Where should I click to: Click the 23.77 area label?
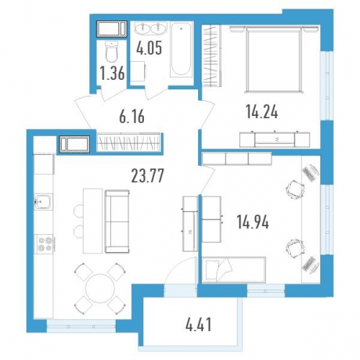pyautogui.click(x=148, y=175)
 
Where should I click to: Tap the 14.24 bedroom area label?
pyautogui.click(x=261, y=113)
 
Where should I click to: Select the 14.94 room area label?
pyautogui.click(x=253, y=222)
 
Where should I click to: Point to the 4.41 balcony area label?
pyautogui.click(x=198, y=325)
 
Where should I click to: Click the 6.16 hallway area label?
pyautogui.click(x=131, y=117)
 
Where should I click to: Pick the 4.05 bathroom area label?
pyautogui.click(x=149, y=49)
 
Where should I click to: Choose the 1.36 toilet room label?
pyautogui.click(x=113, y=74)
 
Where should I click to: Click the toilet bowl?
pyautogui.click(x=112, y=52)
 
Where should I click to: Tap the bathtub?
pyautogui.click(x=181, y=49)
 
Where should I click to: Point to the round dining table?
pyautogui.click(x=100, y=288)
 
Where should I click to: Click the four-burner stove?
pyautogui.click(x=44, y=244)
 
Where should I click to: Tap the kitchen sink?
pyautogui.click(x=44, y=201)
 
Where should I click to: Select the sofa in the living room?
pyautogui.click(x=117, y=221)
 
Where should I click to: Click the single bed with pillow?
pyautogui.click(x=234, y=270)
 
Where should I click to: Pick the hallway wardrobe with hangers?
pyautogui.click(x=128, y=142)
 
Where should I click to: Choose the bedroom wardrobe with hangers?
pyautogui.click(x=212, y=56)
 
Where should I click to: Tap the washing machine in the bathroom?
pyautogui.click(x=138, y=72)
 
